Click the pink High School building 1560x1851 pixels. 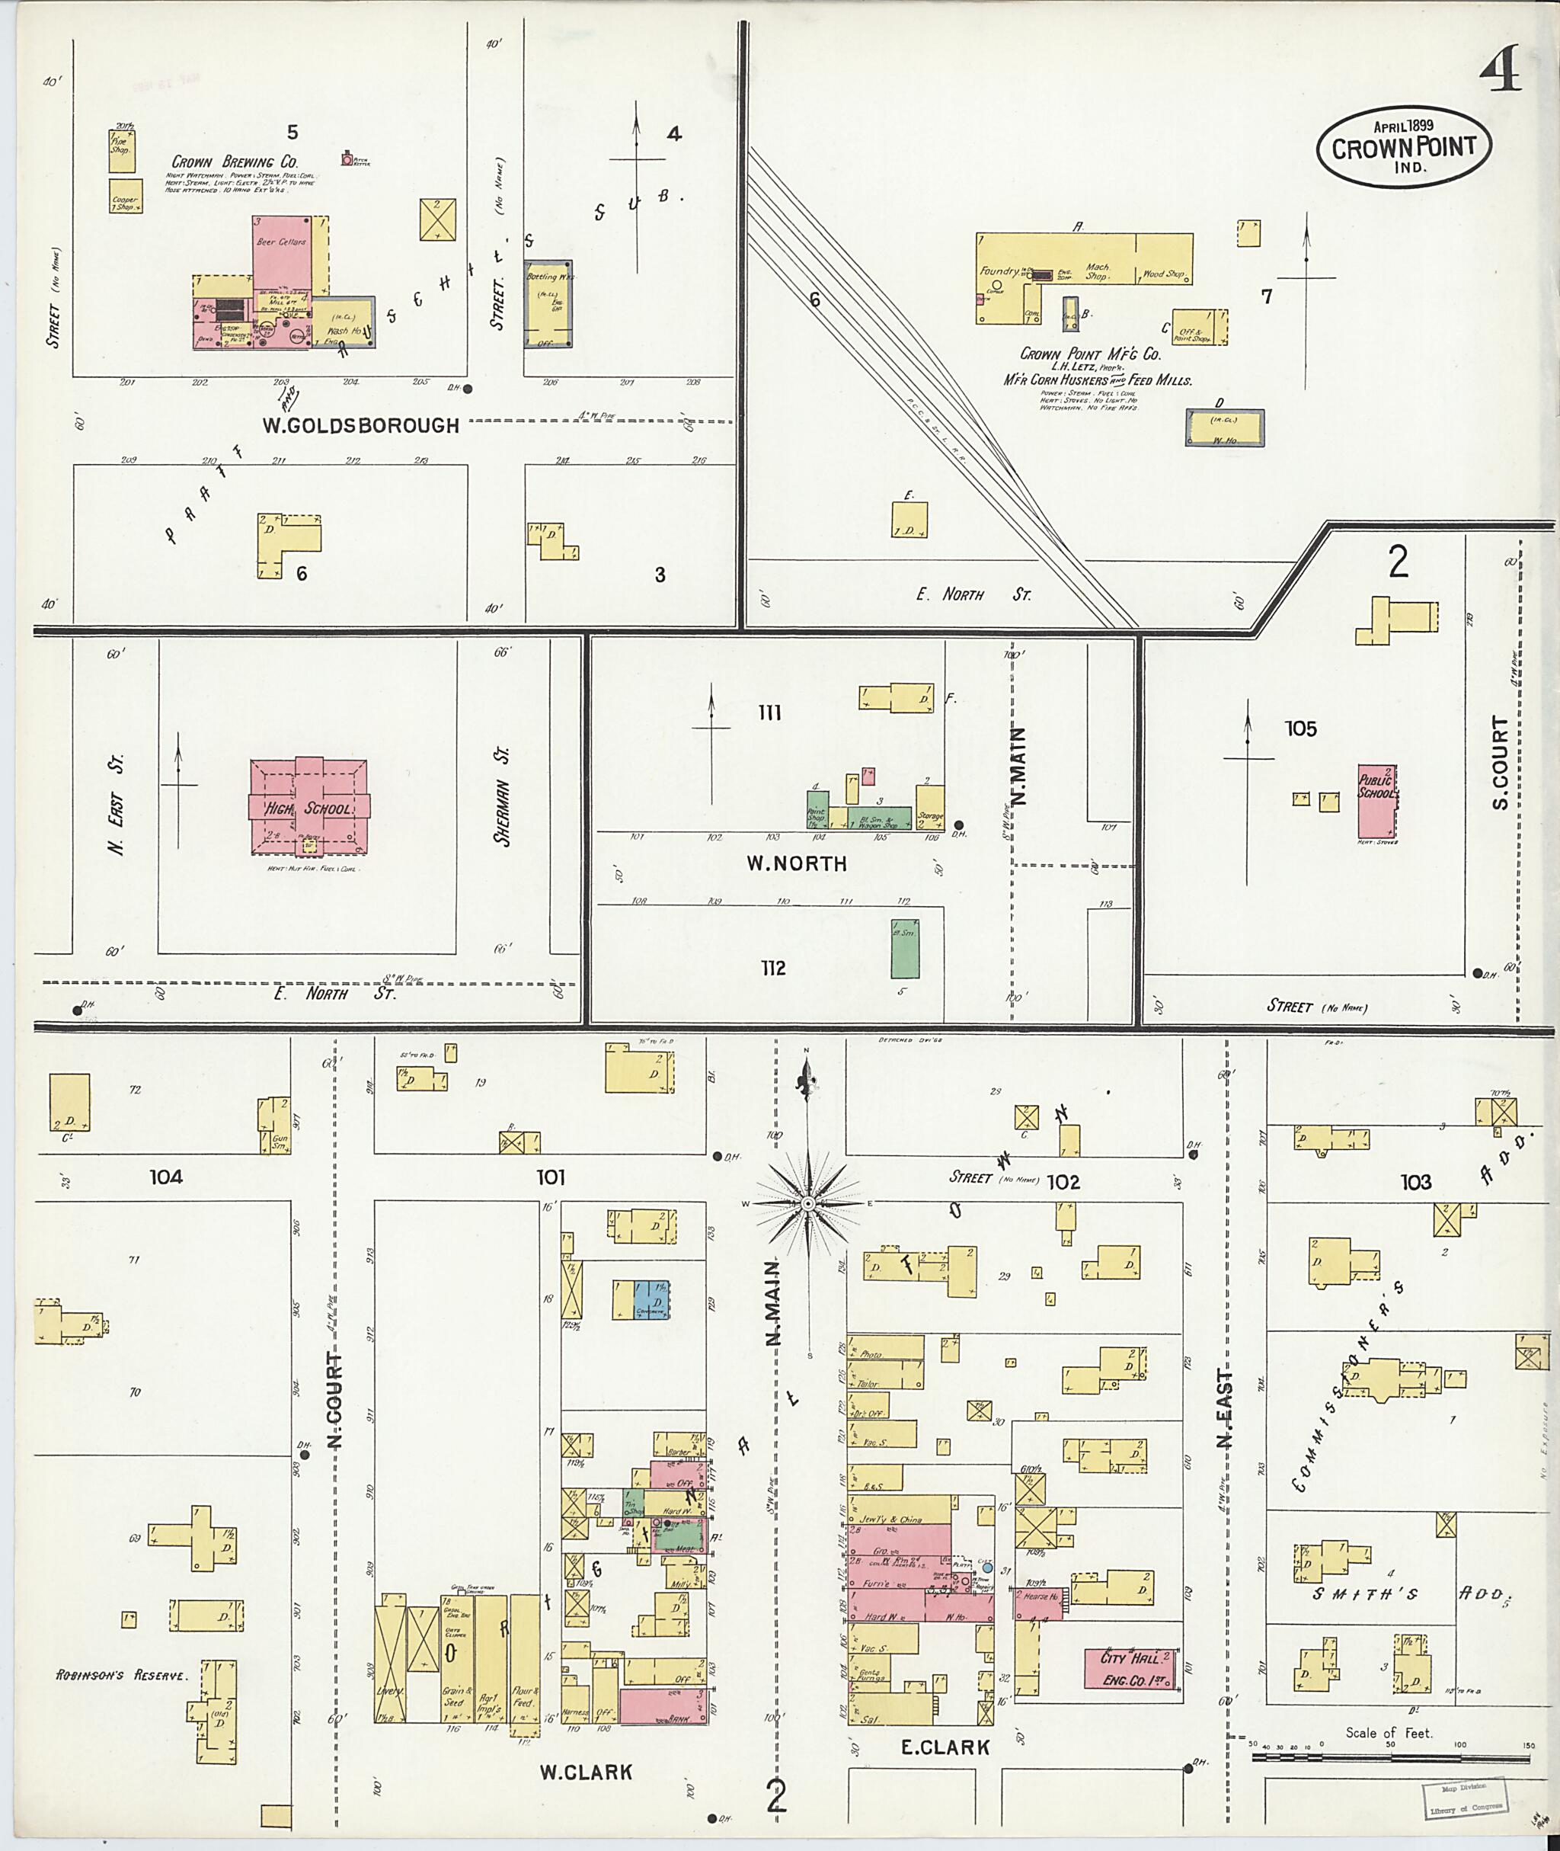pyautogui.click(x=308, y=807)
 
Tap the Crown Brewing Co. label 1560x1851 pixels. pyautogui.click(x=235, y=162)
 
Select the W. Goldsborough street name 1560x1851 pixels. pyautogui.click(x=360, y=424)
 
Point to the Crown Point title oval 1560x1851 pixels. pyautogui.click(x=1404, y=148)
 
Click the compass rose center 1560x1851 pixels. pyautogui.click(x=807, y=1204)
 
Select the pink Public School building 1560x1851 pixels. pyautogui.click(x=1377, y=803)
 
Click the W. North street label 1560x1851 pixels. pyautogui.click(x=796, y=863)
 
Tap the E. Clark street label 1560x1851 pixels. pyautogui.click(x=945, y=1747)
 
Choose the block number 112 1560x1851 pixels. pyautogui.click(x=773, y=968)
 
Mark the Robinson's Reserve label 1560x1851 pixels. pyautogui.click(x=122, y=1675)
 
